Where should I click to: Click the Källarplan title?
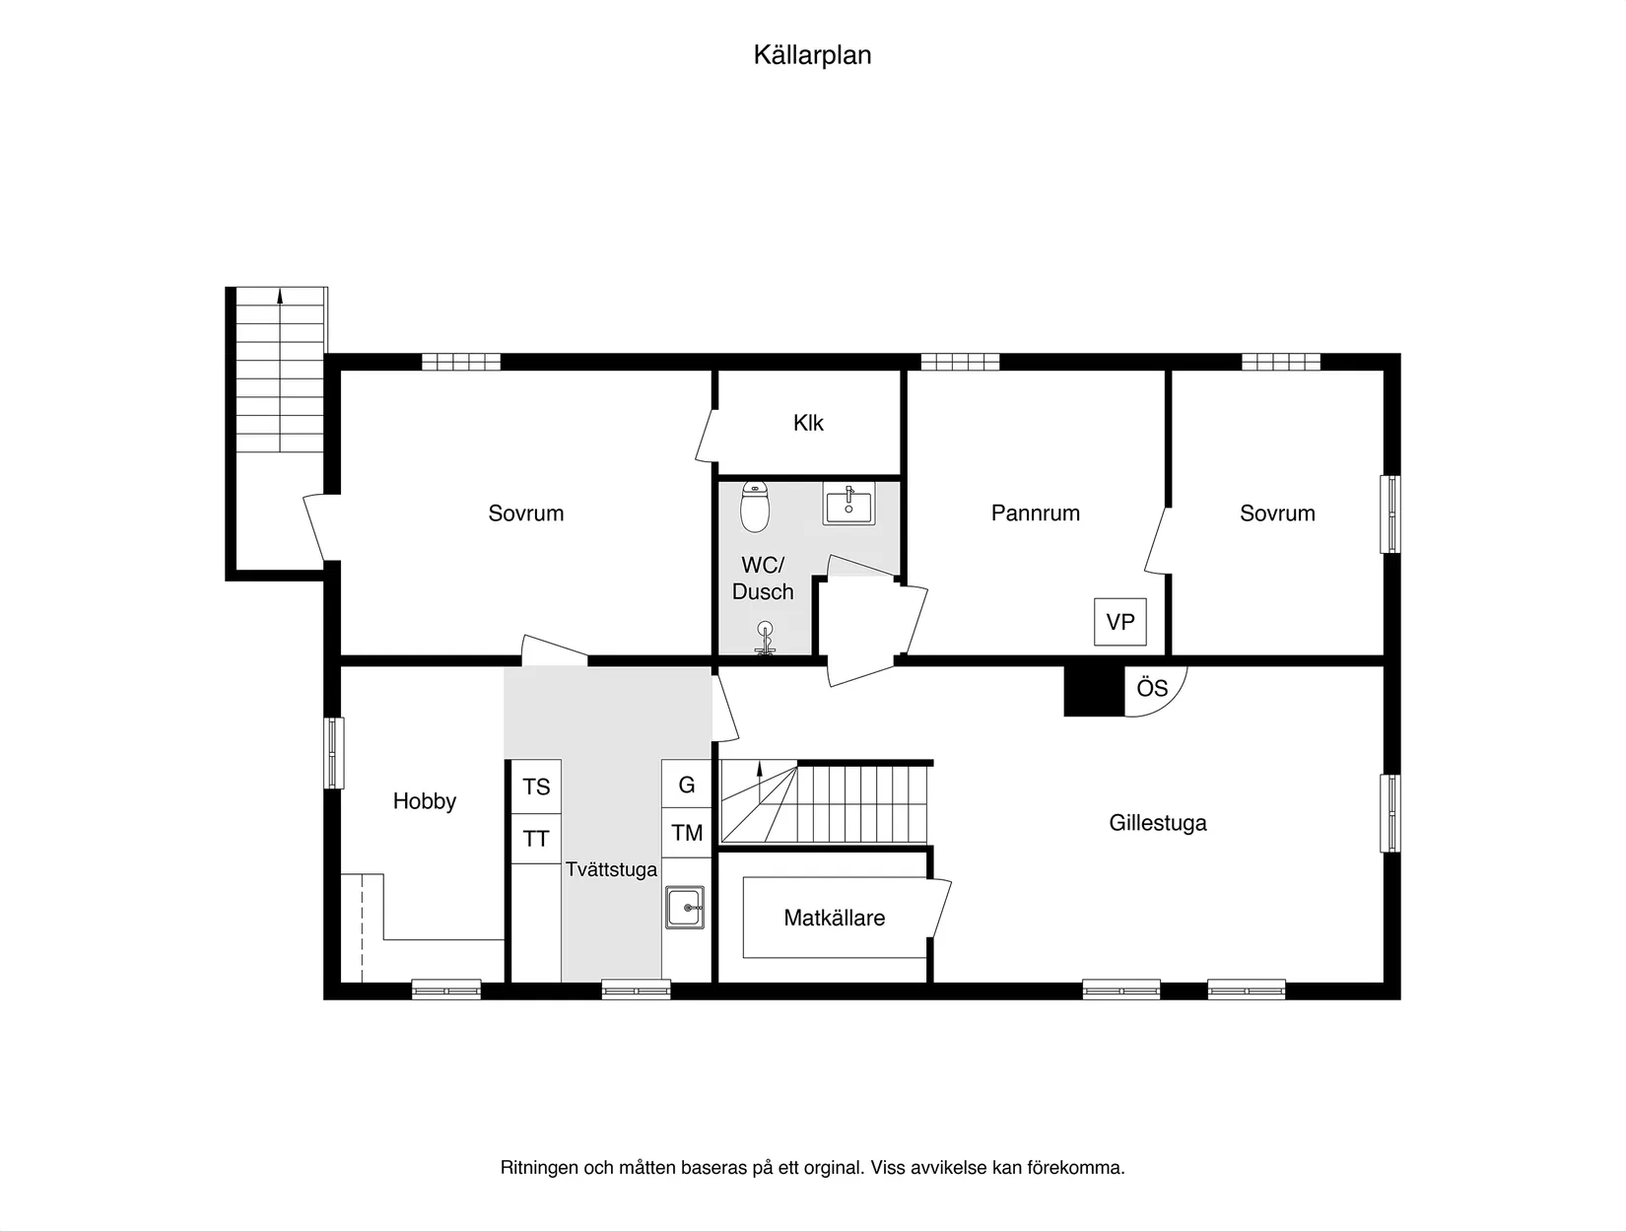point(812,55)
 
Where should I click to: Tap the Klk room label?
point(808,423)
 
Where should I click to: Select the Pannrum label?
point(1035,513)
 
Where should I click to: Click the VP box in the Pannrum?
point(1119,622)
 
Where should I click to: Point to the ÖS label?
point(1152,688)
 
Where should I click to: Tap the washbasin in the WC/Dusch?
point(847,506)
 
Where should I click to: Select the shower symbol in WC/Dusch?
point(765,638)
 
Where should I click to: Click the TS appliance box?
point(536,786)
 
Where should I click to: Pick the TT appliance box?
point(536,839)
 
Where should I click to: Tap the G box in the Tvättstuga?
point(687,785)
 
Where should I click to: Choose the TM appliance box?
point(687,833)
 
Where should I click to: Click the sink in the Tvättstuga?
point(685,907)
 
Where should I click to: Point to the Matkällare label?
point(834,918)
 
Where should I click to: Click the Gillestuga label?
point(1157,822)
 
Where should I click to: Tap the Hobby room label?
point(424,801)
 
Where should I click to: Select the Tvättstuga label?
point(611,869)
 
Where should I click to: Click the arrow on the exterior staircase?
point(280,295)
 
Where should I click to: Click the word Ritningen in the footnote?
point(539,1168)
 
